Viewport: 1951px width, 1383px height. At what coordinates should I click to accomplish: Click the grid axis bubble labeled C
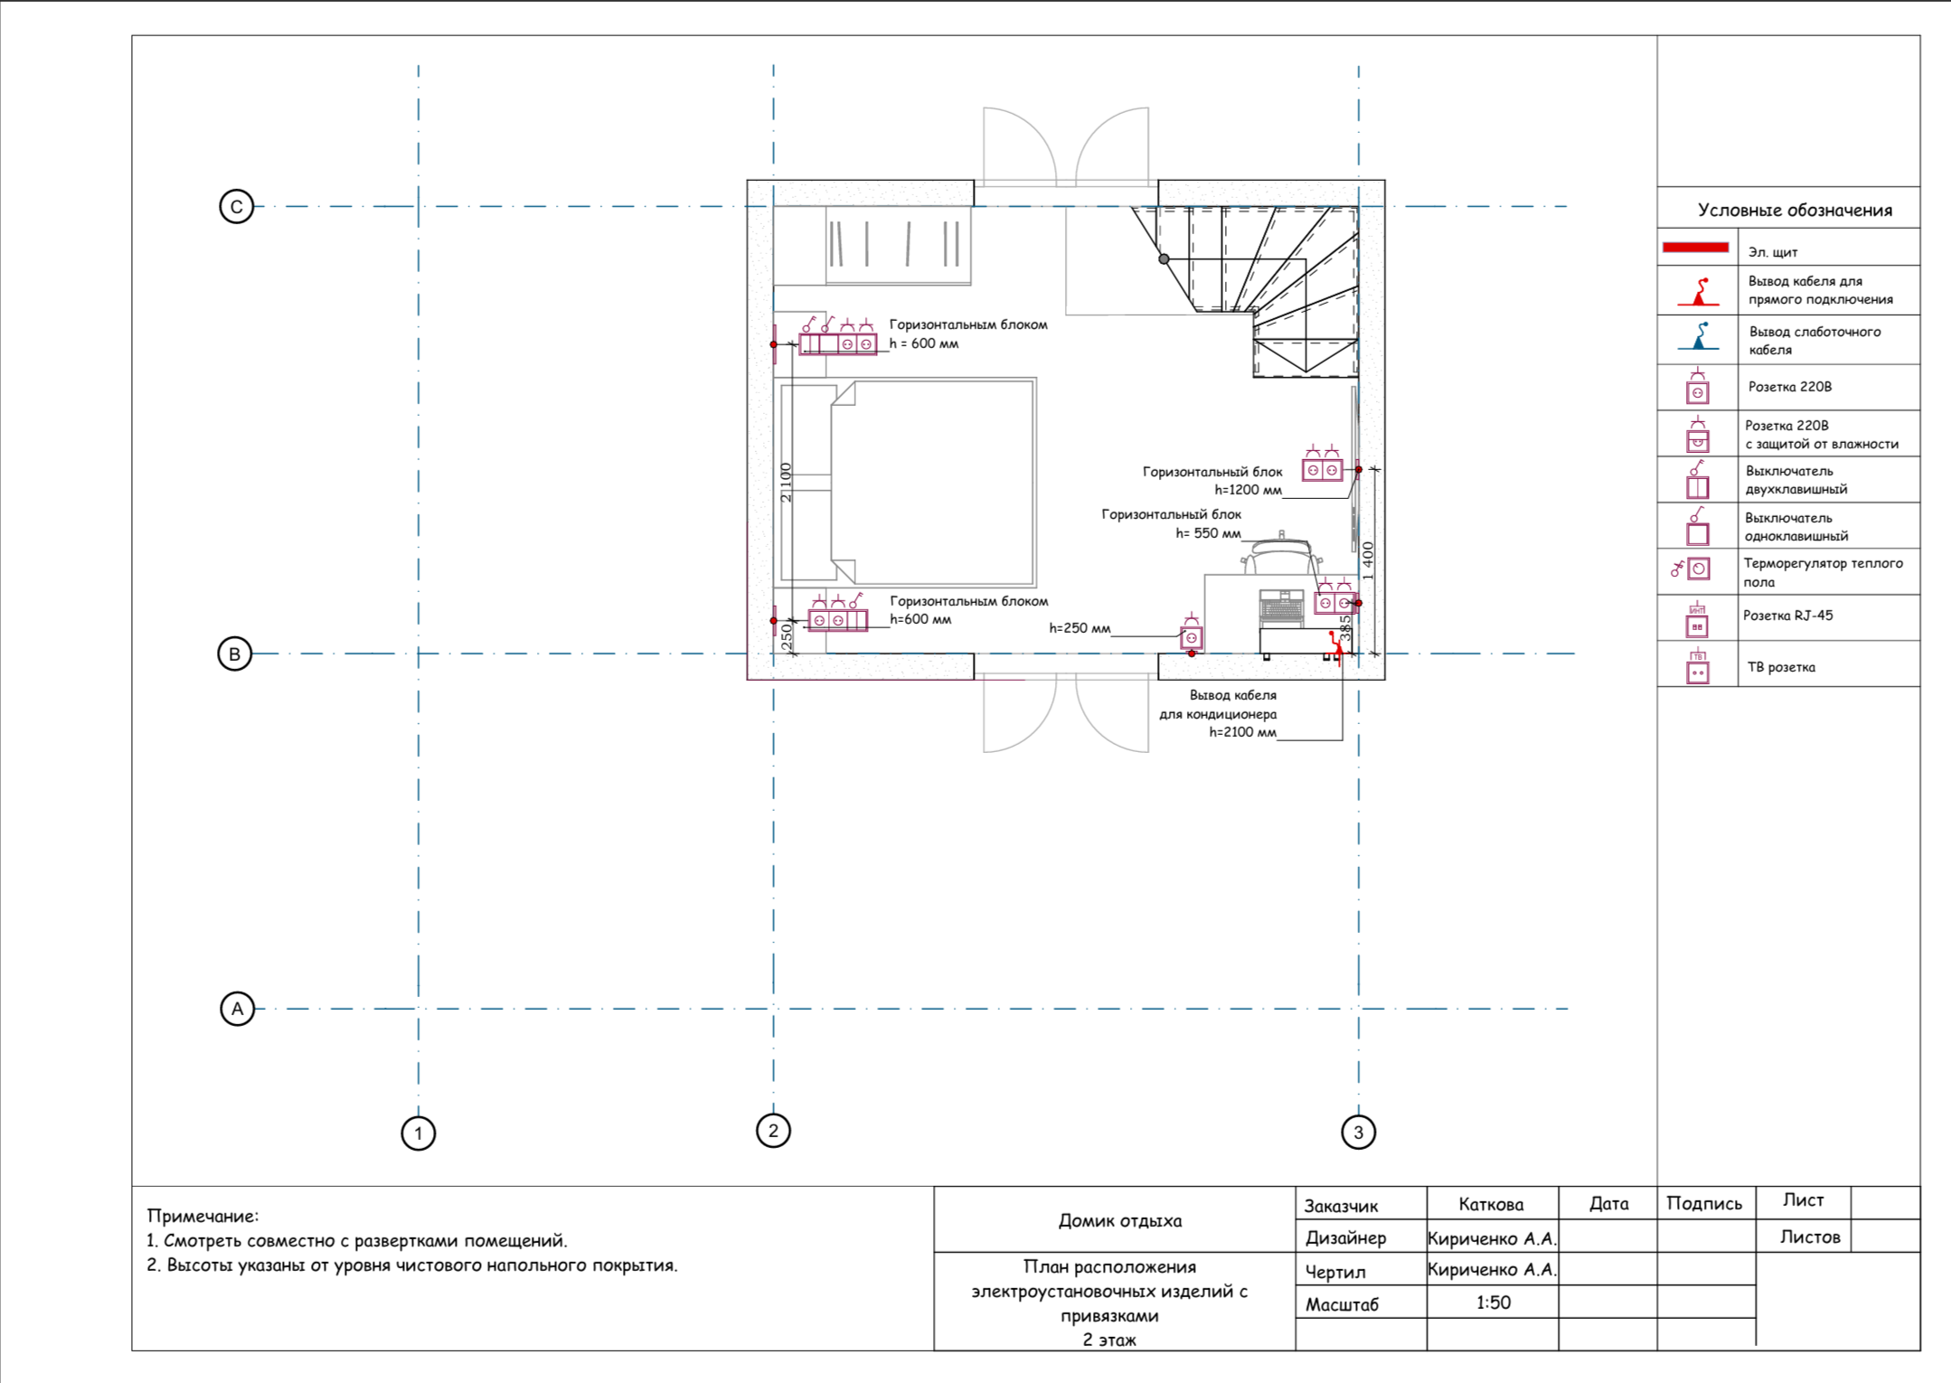236,206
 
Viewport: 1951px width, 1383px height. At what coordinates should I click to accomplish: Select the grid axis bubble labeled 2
773,1130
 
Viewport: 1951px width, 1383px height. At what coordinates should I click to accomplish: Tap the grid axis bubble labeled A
238,1009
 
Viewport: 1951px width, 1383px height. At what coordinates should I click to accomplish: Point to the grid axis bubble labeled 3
1358,1132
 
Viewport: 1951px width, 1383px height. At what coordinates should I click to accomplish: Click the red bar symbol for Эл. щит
1695,248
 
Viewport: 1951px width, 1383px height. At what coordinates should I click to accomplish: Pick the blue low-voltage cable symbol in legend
1699,336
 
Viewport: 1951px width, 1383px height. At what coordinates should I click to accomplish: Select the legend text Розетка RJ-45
1787,616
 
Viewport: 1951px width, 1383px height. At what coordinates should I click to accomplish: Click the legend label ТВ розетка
1781,667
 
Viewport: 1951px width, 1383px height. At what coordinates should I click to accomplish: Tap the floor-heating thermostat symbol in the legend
1691,569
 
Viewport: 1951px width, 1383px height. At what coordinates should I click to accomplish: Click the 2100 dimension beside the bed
786,482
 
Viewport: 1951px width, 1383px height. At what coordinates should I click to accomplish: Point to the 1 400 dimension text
1368,560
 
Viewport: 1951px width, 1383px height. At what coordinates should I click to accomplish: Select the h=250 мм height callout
1079,628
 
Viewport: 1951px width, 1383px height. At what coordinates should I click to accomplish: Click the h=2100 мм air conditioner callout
1243,732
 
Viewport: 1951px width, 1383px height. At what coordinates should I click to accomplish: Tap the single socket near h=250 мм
1192,637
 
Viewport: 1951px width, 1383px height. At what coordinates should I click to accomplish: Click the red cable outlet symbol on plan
1334,644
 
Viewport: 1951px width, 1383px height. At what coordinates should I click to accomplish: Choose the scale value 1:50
1494,1303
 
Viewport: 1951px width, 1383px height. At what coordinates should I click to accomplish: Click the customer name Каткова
1491,1204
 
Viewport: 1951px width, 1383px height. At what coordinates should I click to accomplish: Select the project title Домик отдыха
1120,1220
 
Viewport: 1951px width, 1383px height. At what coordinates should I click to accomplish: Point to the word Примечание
203,1217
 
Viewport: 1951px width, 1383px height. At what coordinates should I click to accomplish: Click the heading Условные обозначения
1795,211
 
